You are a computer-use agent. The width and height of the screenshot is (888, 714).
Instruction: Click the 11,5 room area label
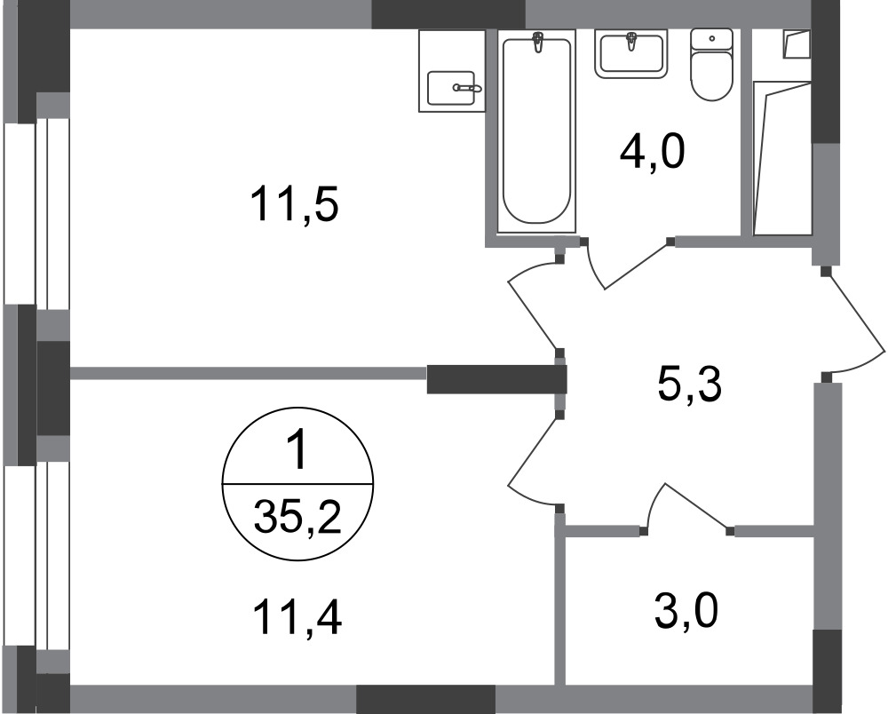294,204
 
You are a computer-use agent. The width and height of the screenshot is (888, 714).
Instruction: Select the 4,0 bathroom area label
653,152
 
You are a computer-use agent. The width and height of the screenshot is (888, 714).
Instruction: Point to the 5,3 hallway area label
690,385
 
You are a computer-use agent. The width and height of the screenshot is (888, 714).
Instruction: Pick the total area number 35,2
297,517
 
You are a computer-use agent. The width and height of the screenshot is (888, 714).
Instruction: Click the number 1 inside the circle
297,451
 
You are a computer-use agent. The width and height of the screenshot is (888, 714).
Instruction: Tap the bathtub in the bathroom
535,131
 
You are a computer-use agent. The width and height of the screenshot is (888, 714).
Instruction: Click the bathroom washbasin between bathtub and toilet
630,54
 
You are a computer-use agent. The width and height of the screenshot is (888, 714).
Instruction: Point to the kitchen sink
452,88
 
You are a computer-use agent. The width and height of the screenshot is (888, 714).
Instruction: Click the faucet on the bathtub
538,43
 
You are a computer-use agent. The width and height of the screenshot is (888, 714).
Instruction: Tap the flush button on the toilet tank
712,38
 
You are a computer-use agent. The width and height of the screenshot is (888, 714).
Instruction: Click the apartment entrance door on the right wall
854,321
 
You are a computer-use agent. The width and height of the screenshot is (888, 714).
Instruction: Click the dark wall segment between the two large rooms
496,379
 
